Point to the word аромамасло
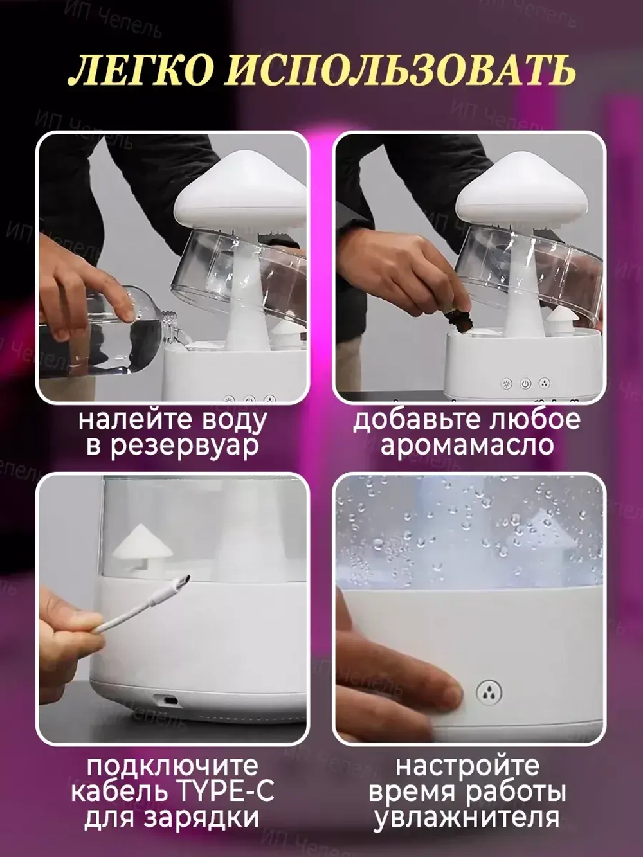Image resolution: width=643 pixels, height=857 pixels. (467, 445)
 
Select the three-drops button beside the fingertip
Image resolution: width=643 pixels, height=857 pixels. (489, 692)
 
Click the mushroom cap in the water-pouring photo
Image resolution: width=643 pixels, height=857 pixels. (240, 183)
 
